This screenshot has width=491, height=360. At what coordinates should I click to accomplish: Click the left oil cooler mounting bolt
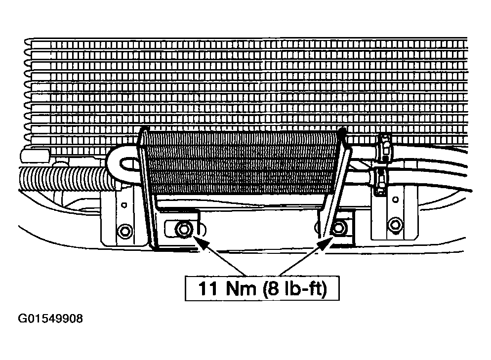pos(183,230)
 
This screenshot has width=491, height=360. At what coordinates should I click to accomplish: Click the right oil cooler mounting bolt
pos(339,228)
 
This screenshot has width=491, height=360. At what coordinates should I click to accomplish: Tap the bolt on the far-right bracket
pos(395,225)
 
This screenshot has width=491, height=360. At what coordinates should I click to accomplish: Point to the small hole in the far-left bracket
pos(124,205)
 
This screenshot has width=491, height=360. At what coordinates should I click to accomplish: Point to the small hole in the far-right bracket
pos(396,200)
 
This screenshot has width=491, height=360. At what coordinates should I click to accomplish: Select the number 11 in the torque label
pos(207,288)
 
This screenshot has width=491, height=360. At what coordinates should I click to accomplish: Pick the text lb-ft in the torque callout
pos(302,288)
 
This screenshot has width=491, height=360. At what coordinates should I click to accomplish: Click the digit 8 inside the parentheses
pos(273,288)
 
